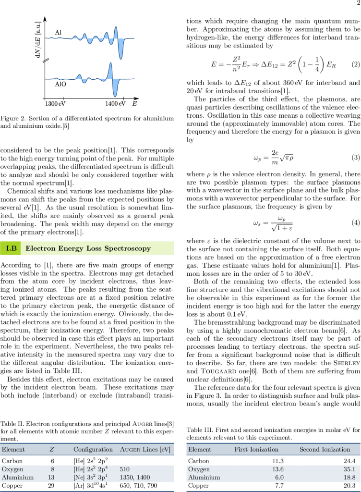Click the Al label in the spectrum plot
click(x=58, y=32)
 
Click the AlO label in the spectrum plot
click(x=60, y=83)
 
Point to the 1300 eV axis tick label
click(x=55, y=103)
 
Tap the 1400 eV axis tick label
click(x=115, y=103)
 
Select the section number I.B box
click(x=12, y=248)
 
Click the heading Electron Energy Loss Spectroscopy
click(x=88, y=248)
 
